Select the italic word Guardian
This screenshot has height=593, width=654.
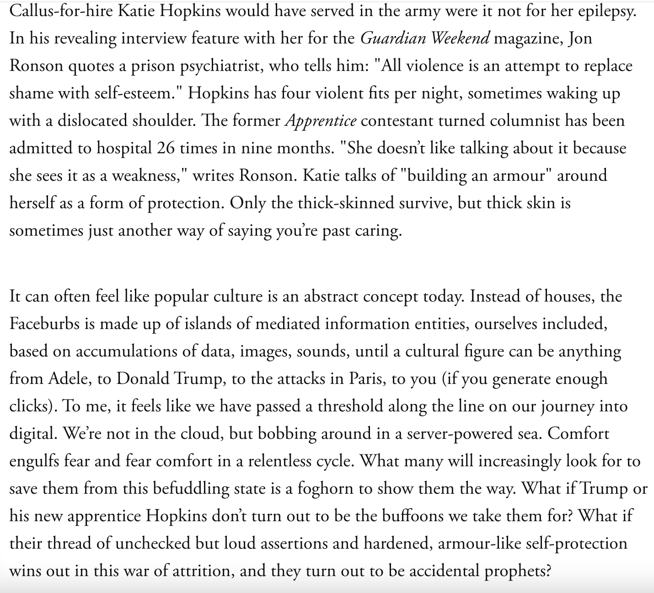[x=393, y=38]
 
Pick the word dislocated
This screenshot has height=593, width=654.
[x=92, y=121]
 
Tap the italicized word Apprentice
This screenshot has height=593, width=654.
[x=320, y=121]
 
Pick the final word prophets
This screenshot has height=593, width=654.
[x=517, y=571]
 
